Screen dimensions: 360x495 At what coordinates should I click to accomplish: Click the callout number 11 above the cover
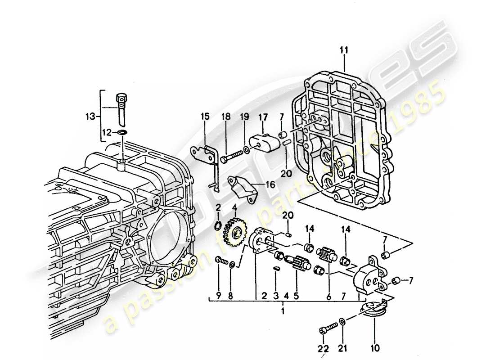[x=344, y=51]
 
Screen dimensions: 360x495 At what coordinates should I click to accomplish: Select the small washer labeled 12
[x=121, y=132]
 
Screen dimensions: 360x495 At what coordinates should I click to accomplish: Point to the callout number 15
[x=205, y=117]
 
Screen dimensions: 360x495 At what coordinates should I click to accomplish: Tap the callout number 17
[x=263, y=117]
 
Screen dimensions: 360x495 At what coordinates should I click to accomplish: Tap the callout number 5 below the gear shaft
[x=296, y=296]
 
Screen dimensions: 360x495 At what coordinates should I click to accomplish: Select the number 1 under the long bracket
[x=283, y=311]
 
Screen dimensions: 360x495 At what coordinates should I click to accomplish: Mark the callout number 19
[x=244, y=117]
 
